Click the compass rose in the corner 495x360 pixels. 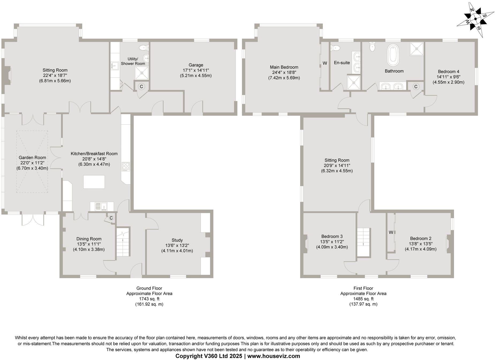[475, 19]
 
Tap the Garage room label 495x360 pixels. [196, 65]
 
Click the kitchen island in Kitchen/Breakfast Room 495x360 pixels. [94, 182]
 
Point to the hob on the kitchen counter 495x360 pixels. [126, 167]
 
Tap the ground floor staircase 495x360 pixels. [123, 242]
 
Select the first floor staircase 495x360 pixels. [363, 242]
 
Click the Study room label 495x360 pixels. [177, 240]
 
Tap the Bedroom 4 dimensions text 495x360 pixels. [448, 80]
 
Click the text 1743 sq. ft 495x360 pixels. [149, 299]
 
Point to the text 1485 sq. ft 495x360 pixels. [363, 299]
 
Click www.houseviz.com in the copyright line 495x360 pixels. [274, 356]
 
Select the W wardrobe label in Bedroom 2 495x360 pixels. [391, 232]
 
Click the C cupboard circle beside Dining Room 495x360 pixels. [111, 218]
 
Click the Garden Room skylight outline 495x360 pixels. [32, 162]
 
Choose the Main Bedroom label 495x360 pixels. [284, 67]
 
